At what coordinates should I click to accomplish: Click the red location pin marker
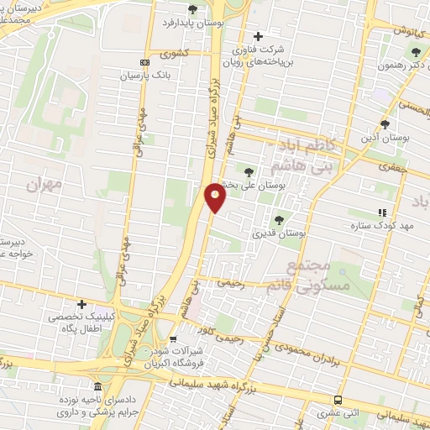[216, 197]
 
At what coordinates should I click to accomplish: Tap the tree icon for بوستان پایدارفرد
[193, 10]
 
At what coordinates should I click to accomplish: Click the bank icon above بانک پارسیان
[144, 62]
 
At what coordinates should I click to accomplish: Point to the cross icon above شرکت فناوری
[258, 36]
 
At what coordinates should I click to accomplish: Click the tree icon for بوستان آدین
[385, 123]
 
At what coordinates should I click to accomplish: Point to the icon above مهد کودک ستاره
[383, 213]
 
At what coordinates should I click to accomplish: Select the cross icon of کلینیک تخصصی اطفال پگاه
[81, 303]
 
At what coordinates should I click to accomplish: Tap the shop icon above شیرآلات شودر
[174, 339]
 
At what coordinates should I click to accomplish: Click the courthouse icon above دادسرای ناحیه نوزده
[97, 386]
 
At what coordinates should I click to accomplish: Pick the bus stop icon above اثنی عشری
[338, 400]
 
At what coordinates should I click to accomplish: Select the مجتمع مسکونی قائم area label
[316, 275]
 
